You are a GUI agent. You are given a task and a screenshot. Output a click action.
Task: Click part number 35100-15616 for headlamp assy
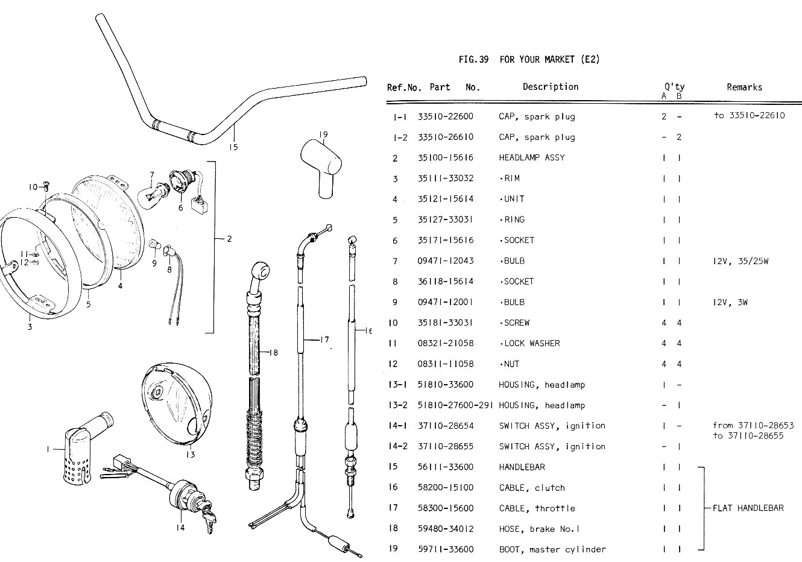pyautogui.click(x=445, y=158)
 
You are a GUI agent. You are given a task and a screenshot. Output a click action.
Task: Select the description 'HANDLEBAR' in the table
pyautogui.click(x=522, y=467)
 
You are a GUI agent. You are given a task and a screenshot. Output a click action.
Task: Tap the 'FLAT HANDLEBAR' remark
pyautogui.click(x=748, y=508)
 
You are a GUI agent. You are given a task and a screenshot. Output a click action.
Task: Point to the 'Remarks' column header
pyautogui.click(x=744, y=87)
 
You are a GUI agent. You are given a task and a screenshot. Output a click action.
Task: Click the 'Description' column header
pyautogui.click(x=550, y=87)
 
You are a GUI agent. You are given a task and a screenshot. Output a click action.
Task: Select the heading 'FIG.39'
pyautogui.click(x=473, y=59)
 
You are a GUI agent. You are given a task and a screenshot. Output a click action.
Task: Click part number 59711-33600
pyautogui.click(x=445, y=549)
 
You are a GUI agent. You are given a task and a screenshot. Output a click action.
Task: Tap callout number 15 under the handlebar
pyautogui.click(x=233, y=147)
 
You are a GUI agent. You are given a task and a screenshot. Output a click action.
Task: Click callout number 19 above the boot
pyautogui.click(x=323, y=134)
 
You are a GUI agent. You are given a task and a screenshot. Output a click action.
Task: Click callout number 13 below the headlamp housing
pyautogui.click(x=190, y=455)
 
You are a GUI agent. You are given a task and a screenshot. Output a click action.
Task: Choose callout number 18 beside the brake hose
pyautogui.click(x=273, y=353)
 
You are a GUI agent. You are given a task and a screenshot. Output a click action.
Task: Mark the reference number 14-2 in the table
pyautogui.click(x=397, y=447)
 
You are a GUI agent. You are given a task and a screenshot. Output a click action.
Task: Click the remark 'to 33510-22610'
pyautogui.click(x=749, y=116)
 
